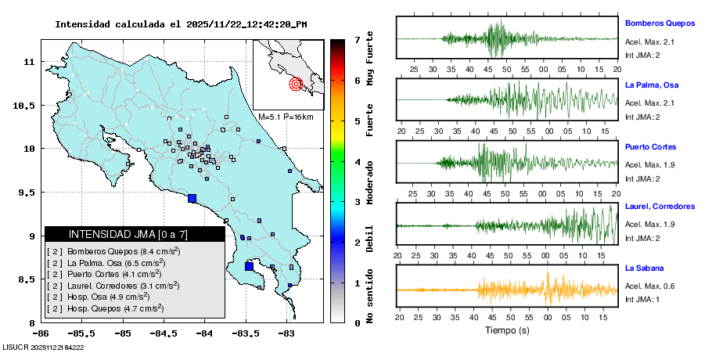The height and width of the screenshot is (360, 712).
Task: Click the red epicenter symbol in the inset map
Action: (x=296, y=84)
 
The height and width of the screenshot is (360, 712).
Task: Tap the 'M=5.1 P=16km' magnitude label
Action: (x=286, y=117)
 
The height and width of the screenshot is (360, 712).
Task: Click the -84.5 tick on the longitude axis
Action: (x=164, y=333)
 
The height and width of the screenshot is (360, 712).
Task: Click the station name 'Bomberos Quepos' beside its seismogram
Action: (x=660, y=23)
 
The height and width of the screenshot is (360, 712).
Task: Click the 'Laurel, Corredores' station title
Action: (x=660, y=207)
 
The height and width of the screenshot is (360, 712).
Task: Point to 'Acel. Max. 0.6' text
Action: (x=649, y=286)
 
